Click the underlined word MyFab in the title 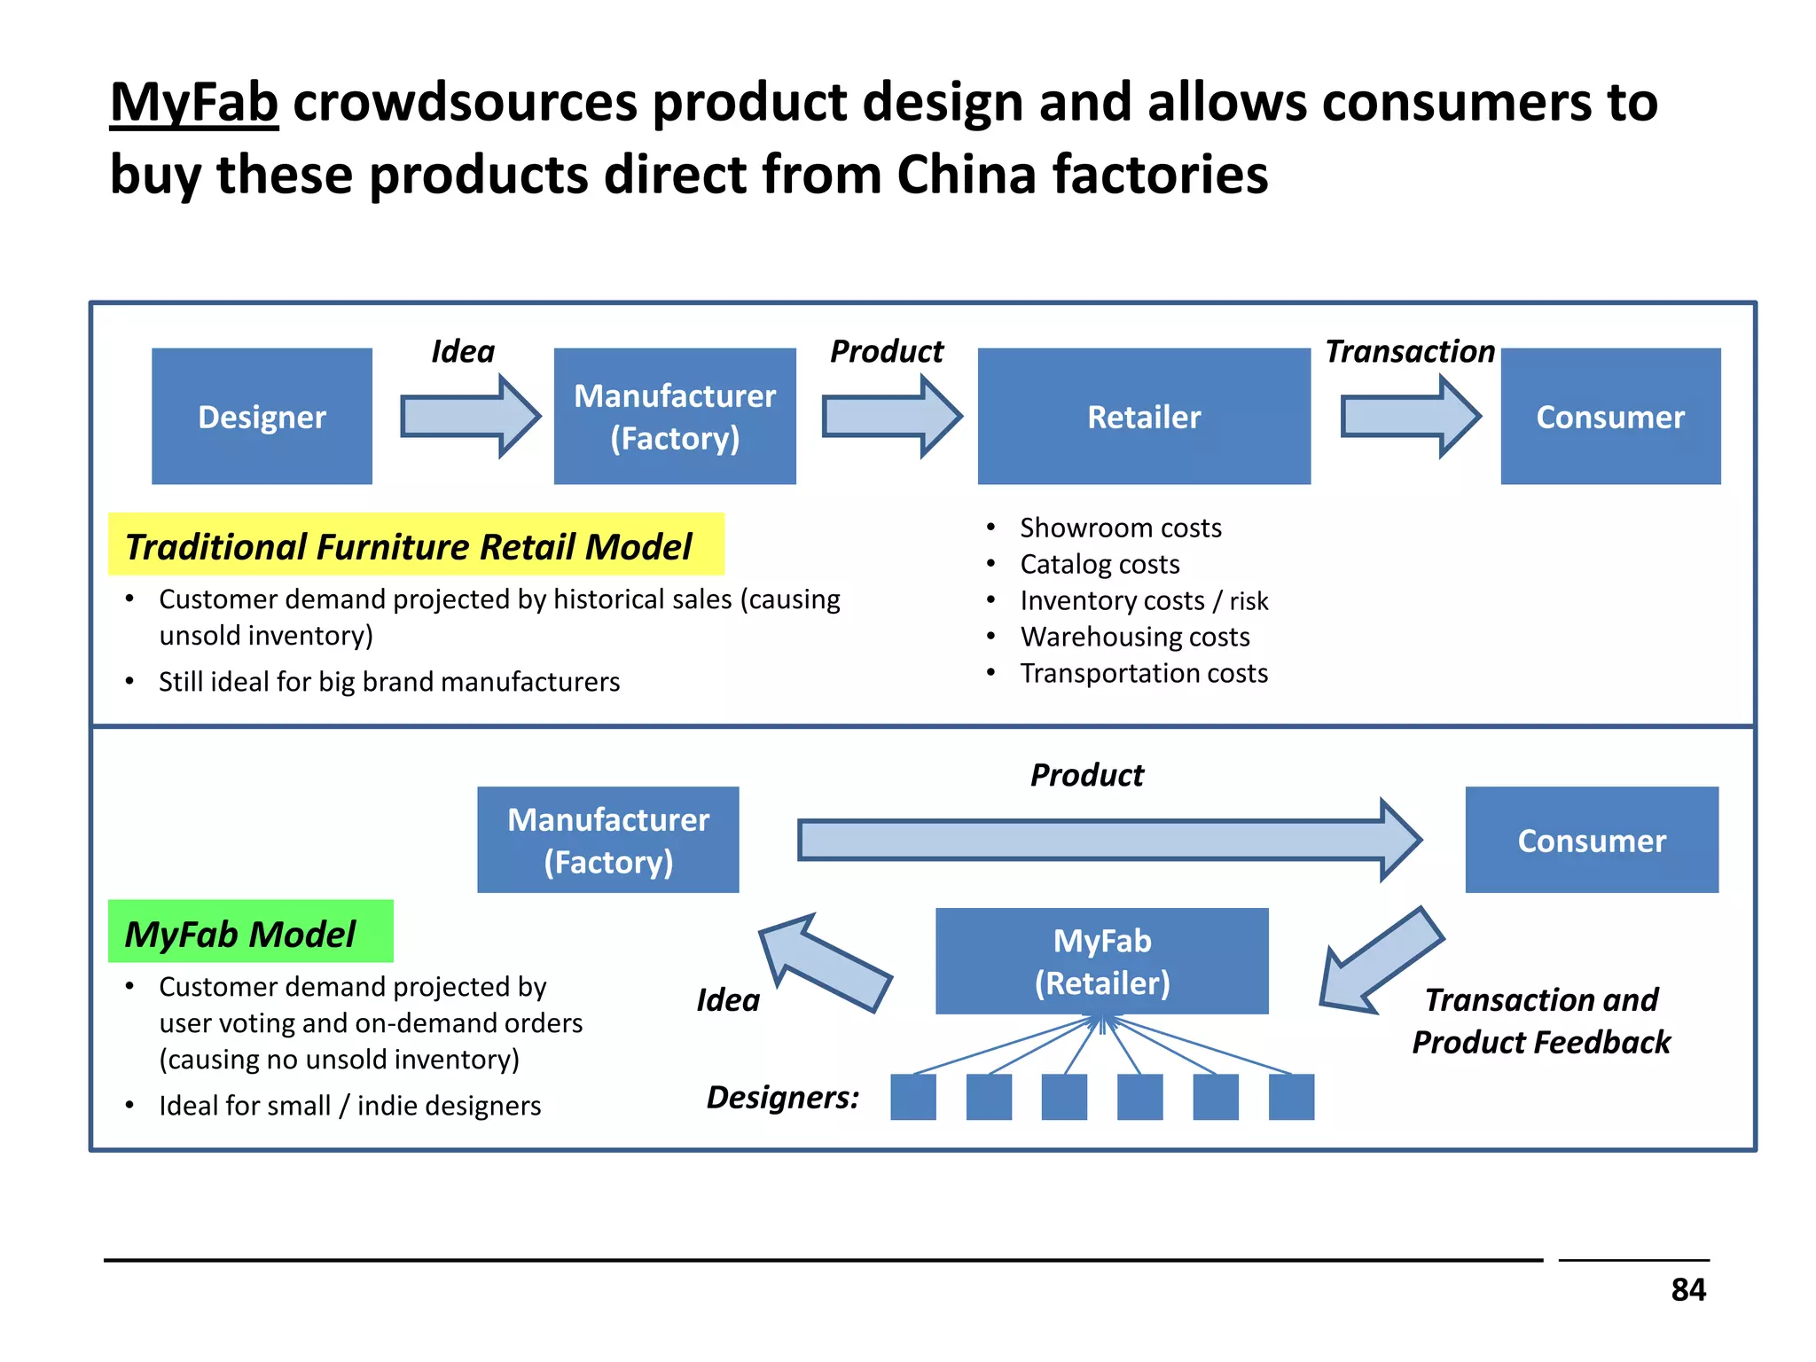(x=194, y=103)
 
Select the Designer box (x=262, y=416)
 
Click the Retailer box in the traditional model (x=1143, y=416)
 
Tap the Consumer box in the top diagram (x=1609, y=416)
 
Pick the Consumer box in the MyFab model (x=1591, y=839)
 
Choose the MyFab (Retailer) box (x=1101, y=960)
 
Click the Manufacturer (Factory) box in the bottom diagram (x=607, y=839)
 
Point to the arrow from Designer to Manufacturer (x=470, y=416)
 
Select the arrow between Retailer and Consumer (x=1410, y=416)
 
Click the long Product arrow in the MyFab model (x=1108, y=839)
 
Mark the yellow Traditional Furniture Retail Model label (x=415, y=544)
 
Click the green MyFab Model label (x=250, y=932)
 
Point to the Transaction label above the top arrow (x=1409, y=351)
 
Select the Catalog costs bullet (x=1099, y=564)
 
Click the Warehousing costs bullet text (x=1134, y=637)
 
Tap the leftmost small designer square (x=912, y=1097)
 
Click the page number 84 (x=1687, y=1289)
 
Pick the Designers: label (x=783, y=1097)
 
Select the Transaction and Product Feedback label (x=1540, y=1021)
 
